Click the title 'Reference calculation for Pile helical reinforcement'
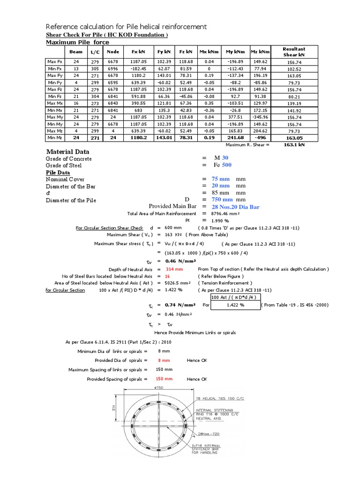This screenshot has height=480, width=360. [x=126, y=26]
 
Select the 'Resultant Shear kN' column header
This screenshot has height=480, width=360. [x=294, y=52]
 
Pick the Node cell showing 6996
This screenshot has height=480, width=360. [x=113, y=68]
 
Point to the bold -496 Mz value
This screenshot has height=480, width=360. [x=260, y=138]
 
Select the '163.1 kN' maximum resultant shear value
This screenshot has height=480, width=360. [x=294, y=145]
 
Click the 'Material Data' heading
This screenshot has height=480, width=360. [x=67, y=152]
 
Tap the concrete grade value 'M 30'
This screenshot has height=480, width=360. [x=221, y=158]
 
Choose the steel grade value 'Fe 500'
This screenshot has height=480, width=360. [x=223, y=165]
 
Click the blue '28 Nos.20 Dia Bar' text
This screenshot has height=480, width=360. [x=235, y=207]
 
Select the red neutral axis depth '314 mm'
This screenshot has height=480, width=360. [x=170, y=270]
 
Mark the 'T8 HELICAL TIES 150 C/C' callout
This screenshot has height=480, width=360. [x=220, y=398]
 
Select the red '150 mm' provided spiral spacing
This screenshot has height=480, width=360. [x=164, y=379]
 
